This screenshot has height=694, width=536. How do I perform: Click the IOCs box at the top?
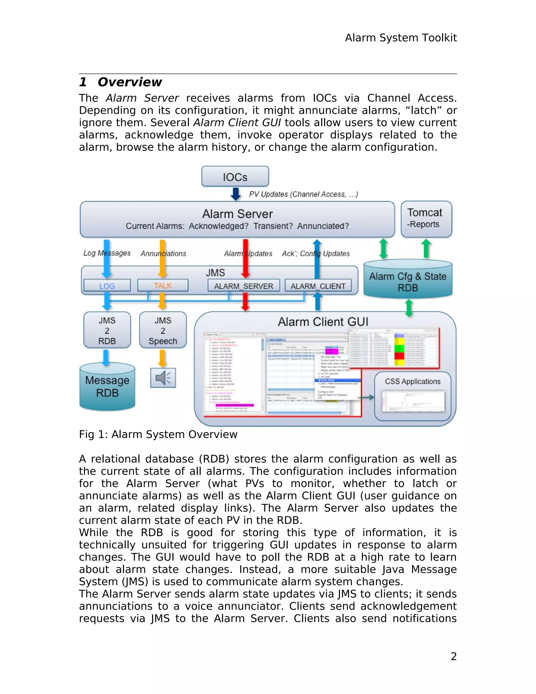(235, 176)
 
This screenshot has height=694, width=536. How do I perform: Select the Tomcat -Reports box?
(426, 219)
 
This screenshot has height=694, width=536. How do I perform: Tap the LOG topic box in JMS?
(107, 285)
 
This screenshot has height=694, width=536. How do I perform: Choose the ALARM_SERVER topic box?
(244, 285)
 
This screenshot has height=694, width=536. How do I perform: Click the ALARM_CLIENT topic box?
(318, 285)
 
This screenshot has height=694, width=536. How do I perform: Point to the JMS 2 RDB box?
(107, 330)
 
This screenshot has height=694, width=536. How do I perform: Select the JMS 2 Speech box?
(163, 330)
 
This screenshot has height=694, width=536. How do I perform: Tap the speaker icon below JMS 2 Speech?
(163, 377)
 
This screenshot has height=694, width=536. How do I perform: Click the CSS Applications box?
(412, 396)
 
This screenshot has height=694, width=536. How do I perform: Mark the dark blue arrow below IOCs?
(235, 194)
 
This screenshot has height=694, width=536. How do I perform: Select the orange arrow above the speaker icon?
(163, 358)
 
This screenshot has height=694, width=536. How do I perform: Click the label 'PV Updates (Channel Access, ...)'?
(303, 194)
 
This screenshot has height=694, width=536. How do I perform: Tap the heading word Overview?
(130, 82)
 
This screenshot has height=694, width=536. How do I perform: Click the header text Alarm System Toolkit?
(401, 38)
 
